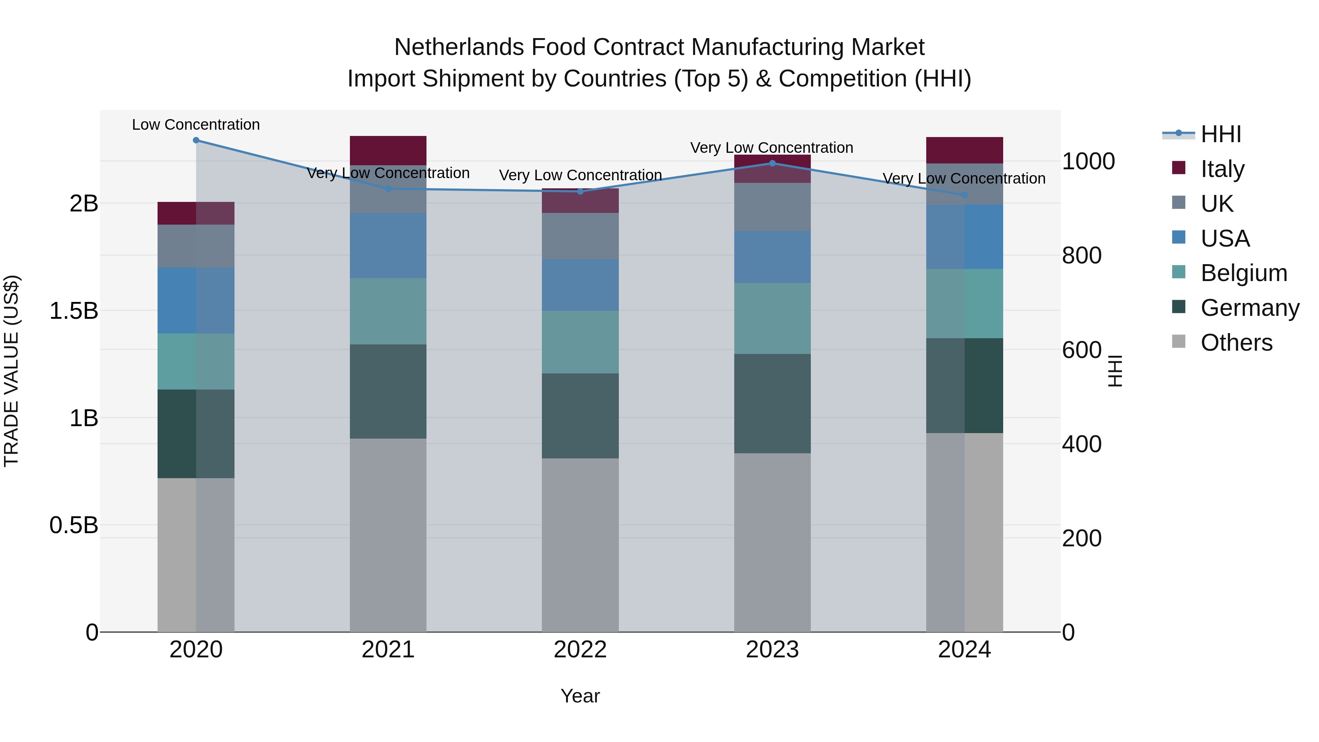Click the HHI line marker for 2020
click(x=196, y=140)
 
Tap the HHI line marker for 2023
click(x=772, y=163)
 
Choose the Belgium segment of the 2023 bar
click(x=772, y=318)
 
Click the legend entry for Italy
click(x=1222, y=169)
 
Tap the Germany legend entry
click(x=1249, y=308)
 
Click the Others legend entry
click(x=1236, y=343)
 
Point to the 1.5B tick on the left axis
click(x=74, y=311)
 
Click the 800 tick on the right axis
click(x=1082, y=255)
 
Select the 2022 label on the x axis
click(x=580, y=649)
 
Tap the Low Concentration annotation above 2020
click(x=196, y=125)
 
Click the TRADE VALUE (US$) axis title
click(x=11, y=371)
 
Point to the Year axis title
click(x=580, y=696)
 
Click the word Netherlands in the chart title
click(x=459, y=47)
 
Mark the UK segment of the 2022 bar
click(x=580, y=236)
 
